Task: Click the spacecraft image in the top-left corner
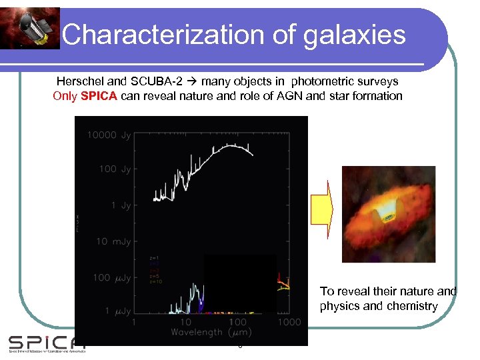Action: [x=30, y=28]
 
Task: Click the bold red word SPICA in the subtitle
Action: [x=99, y=96]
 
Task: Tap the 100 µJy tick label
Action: [x=113, y=277]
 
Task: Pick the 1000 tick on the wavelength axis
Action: [x=288, y=322]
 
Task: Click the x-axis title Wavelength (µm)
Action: [x=210, y=332]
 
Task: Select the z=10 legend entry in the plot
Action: [x=155, y=281]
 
